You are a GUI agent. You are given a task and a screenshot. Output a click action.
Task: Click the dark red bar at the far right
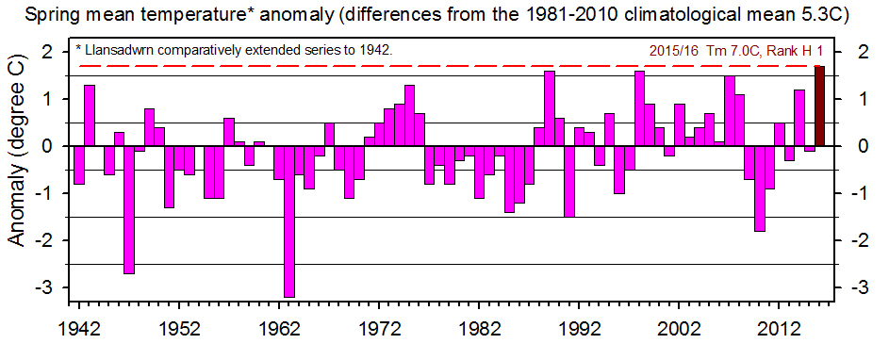click(819, 106)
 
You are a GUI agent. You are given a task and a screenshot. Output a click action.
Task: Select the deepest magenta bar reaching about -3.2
click(288, 221)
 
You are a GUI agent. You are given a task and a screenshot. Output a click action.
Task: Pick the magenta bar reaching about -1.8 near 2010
click(759, 188)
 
